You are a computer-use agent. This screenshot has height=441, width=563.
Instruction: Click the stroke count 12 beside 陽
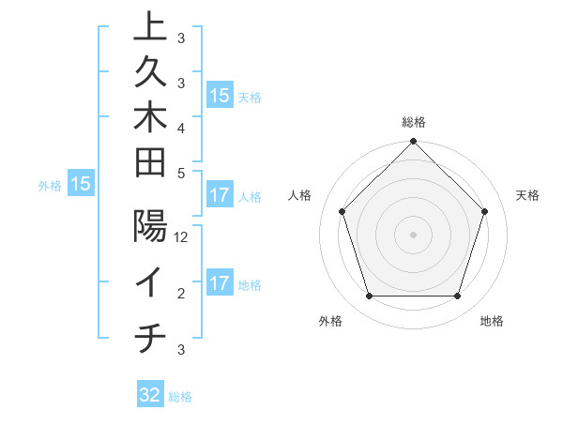pyautogui.click(x=182, y=237)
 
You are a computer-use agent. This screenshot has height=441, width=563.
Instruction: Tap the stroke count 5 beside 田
pyautogui.click(x=181, y=173)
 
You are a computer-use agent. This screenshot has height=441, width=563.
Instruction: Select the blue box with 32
pyautogui.click(x=150, y=395)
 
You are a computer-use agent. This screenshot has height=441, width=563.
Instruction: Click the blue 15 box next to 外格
pyautogui.click(x=81, y=185)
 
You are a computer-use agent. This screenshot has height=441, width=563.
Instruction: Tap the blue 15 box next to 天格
pyautogui.click(x=220, y=96)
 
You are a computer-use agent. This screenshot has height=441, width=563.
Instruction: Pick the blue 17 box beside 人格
pyautogui.click(x=220, y=196)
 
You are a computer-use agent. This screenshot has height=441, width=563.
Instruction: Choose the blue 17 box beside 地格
pyautogui.click(x=220, y=284)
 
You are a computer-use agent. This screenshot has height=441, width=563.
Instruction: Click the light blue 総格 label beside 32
pyautogui.click(x=180, y=397)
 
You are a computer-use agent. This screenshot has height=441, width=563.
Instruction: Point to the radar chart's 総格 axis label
pyautogui.click(x=414, y=122)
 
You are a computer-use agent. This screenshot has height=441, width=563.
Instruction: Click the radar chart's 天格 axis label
pyautogui.click(x=528, y=195)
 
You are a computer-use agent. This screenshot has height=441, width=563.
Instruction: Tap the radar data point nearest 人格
pyautogui.click(x=342, y=211)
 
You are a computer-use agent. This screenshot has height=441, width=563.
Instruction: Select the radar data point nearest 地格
pyautogui.click(x=458, y=297)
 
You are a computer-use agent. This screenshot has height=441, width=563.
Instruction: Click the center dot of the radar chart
pyautogui.click(x=414, y=234)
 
